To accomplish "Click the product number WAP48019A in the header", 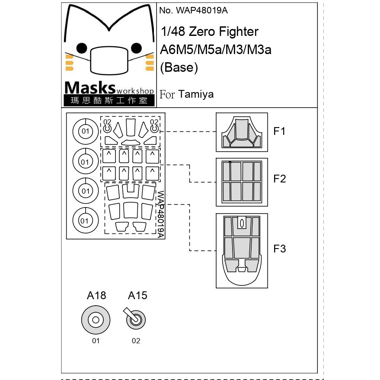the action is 201,10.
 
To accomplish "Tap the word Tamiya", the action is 196,94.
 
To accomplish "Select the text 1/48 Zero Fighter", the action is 210,32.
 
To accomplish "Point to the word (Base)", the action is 179,67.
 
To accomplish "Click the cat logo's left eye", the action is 82,48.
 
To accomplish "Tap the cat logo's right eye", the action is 136,48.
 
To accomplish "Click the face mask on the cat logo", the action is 109,60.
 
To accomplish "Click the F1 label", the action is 279,131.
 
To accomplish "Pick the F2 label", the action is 279,179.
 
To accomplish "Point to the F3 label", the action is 279,249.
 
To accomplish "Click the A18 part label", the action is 96,295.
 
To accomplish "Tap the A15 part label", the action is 137,295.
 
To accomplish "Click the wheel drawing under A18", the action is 96,320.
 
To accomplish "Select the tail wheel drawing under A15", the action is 135,319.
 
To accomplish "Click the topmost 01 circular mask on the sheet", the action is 86,131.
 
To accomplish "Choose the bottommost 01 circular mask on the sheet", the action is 86,220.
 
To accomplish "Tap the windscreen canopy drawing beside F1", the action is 242,132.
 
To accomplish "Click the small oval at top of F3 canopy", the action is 242,224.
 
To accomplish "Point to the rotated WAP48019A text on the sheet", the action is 161,214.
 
